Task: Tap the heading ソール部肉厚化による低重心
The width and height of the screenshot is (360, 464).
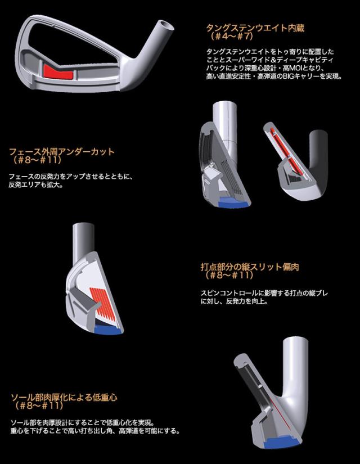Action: coord(65,398)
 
